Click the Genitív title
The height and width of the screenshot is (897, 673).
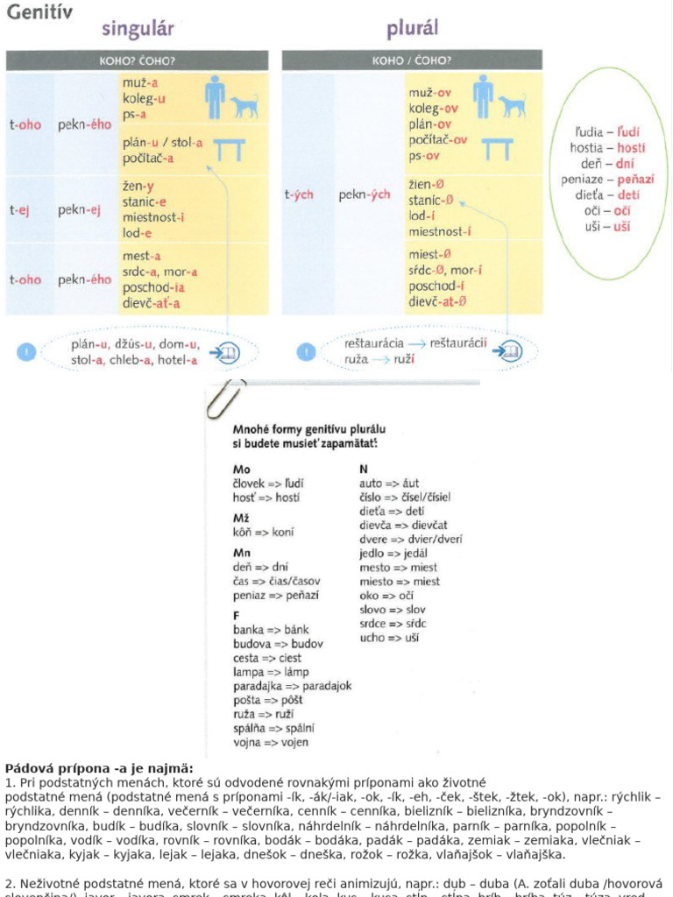pyautogui.click(x=39, y=12)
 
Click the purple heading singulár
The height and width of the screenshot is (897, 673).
pyautogui.click(x=138, y=29)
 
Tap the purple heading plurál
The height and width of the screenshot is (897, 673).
pyautogui.click(x=412, y=30)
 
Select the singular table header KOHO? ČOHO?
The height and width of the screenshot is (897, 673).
pyautogui.click(x=138, y=61)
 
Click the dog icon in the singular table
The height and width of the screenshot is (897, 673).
pyautogui.click(x=244, y=107)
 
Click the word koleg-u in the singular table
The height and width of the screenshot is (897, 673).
pyautogui.click(x=144, y=98)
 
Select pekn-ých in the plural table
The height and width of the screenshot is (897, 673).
pyautogui.click(x=365, y=195)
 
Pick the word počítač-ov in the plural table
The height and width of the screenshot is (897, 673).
pyautogui.click(x=437, y=140)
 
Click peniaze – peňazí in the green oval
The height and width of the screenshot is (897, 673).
pyautogui.click(x=607, y=180)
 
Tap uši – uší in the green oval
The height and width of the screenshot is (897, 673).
pyautogui.click(x=607, y=227)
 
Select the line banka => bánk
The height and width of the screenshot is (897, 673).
pyautogui.click(x=271, y=630)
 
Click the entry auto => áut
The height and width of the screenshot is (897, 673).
pyautogui.click(x=389, y=483)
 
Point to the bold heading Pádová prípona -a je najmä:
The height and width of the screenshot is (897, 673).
pyautogui.click(x=99, y=769)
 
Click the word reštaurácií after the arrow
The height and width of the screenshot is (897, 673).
pyautogui.click(x=457, y=343)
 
